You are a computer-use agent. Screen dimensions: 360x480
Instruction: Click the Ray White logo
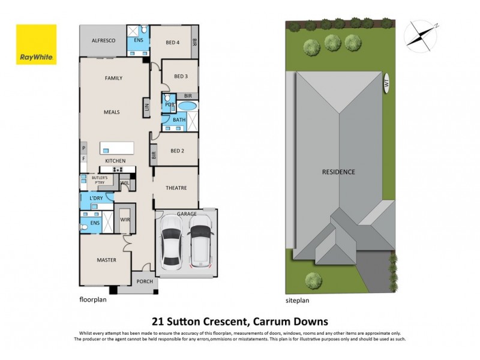[37, 45]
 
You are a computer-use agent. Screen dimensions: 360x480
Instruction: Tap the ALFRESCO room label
[103, 41]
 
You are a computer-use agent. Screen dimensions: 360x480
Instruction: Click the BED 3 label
[181, 76]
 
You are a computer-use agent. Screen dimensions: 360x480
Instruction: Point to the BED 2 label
[176, 151]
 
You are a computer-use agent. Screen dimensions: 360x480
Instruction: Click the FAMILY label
[113, 79]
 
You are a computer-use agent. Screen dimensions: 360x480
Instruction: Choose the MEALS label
[112, 112]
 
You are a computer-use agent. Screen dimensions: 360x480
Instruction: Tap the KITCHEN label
[115, 161]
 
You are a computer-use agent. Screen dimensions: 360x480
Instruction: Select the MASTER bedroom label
[106, 260]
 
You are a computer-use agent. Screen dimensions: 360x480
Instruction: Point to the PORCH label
[144, 281]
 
